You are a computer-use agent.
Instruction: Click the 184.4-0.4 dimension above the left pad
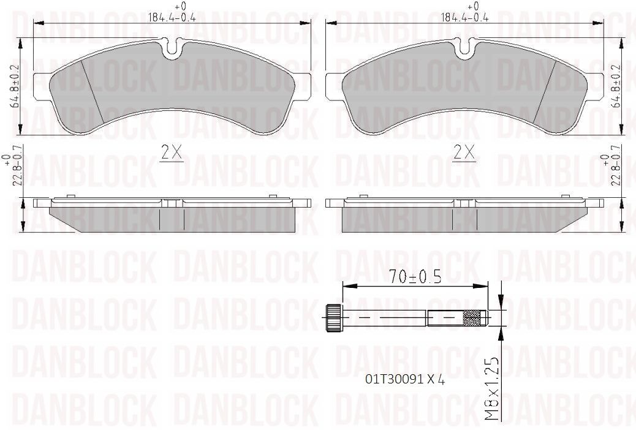click(x=172, y=18)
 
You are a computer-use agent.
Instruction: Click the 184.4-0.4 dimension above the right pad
click(x=464, y=18)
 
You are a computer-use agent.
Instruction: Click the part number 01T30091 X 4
click(x=404, y=379)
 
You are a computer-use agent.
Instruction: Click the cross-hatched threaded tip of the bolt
click(x=473, y=318)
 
